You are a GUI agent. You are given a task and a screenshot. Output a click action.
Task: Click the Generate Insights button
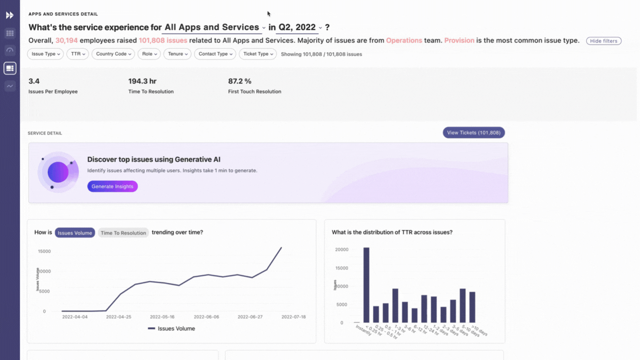point(112,187)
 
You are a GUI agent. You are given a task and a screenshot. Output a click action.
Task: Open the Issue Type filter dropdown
point(45,54)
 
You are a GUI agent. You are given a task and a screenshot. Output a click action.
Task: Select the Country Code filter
point(113,54)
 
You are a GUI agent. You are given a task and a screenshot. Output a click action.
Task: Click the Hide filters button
point(603,41)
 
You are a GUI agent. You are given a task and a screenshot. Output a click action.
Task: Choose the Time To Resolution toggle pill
point(123,233)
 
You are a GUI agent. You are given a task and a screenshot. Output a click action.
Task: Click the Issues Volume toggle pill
point(75,233)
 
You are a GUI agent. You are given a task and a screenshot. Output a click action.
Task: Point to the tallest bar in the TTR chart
point(366,285)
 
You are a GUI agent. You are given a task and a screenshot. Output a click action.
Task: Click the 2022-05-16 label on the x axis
point(162,317)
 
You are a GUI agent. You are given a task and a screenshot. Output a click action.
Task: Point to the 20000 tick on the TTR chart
point(342,249)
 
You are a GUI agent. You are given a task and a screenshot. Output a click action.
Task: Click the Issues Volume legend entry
point(171,329)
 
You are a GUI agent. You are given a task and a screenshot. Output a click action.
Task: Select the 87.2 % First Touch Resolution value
point(240,81)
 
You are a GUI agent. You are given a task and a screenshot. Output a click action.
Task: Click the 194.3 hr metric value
point(142,81)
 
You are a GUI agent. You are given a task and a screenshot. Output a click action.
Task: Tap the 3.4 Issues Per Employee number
point(34,81)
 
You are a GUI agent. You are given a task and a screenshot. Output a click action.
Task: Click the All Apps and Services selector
point(214,27)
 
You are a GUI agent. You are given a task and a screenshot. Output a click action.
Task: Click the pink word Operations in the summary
point(404,40)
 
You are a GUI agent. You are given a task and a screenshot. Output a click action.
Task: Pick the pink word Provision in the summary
point(459,40)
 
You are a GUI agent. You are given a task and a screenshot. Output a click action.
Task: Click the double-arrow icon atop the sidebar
point(10,15)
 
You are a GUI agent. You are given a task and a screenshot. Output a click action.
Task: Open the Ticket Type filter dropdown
point(258,54)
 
